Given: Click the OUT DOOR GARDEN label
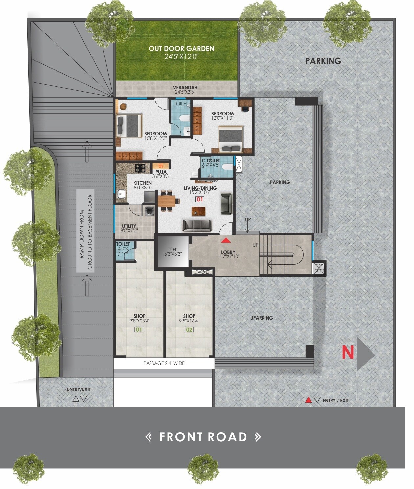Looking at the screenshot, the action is (x=182, y=49).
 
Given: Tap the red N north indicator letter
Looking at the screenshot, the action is (x=348, y=352).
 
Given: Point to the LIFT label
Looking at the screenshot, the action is (x=173, y=249).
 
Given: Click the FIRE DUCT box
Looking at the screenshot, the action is (x=319, y=268).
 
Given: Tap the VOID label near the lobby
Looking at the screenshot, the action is (x=202, y=272).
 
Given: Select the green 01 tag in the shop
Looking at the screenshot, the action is (x=139, y=329).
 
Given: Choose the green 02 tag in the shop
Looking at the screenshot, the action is (x=189, y=329).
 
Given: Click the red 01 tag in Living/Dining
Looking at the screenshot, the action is (x=200, y=199).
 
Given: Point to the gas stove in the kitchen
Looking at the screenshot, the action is (x=140, y=168).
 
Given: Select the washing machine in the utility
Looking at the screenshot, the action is (x=149, y=210).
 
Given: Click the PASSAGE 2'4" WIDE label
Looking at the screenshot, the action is (x=164, y=363).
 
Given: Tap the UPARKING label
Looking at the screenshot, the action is (x=262, y=318).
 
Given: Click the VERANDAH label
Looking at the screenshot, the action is (x=185, y=87).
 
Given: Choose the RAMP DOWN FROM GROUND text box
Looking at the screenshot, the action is (x=85, y=231).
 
